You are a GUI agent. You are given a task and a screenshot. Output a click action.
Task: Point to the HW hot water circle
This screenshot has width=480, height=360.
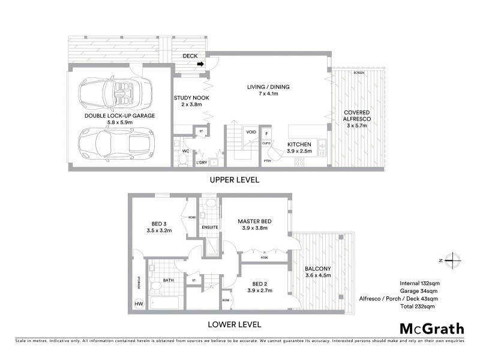click(x=139, y=304)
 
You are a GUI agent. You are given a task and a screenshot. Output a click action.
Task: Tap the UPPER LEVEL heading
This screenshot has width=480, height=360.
click(x=234, y=179)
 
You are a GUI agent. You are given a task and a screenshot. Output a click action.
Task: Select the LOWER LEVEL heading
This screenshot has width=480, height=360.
click(x=234, y=325)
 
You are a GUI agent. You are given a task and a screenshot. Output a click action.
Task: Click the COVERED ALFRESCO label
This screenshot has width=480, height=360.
click(x=356, y=116)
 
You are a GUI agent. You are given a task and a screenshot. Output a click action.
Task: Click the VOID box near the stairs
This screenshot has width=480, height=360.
click(x=251, y=132)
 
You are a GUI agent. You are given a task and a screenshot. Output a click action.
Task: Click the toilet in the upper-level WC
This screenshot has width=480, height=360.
click(x=184, y=160)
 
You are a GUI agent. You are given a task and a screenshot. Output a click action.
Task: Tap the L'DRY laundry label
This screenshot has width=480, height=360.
click(x=203, y=162)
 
